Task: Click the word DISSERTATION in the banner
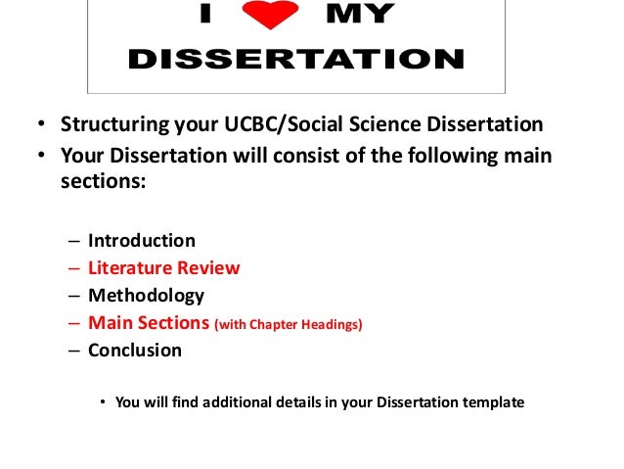click(295, 60)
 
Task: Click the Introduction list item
click(141, 240)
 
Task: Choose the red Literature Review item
click(163, 267)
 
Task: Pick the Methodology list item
click(146, 295)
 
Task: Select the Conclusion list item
click(134, 350)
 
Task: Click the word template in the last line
click(492, 401)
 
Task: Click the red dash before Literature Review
click(75, 267)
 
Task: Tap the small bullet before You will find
click(102, 401)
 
